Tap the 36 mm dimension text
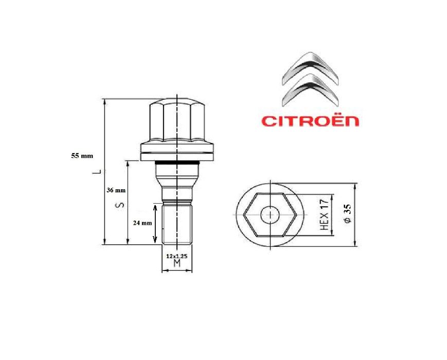coord(115,190)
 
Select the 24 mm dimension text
coord(142,223)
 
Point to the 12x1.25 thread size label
coord(176,255)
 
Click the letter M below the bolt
coord(177,264)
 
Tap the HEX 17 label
coord(324,215)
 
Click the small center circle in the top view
coord(269,214)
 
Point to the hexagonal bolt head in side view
coord(177,121)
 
